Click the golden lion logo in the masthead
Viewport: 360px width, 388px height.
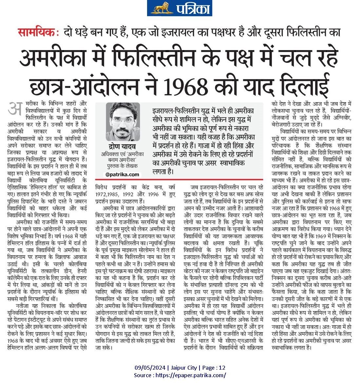point(161,8)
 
